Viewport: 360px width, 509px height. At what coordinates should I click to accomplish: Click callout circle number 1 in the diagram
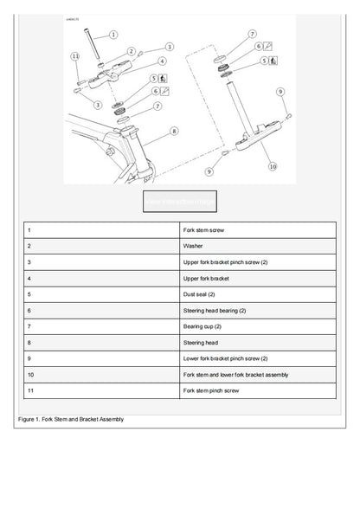[x=113, y=35]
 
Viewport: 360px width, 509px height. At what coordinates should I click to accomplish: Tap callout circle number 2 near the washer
[x=131, y=53]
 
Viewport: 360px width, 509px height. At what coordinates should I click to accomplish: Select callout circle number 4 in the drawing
[x=162, y=61]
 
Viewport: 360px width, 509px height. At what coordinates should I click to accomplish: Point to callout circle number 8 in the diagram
[x=173, y=132]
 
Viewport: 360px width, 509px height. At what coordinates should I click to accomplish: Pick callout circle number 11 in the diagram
[x=76, y=56]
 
